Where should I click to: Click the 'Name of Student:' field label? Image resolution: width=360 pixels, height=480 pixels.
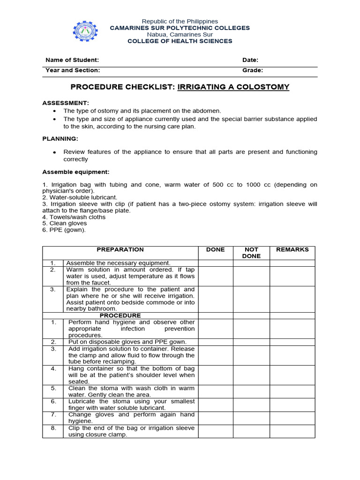[72, 60]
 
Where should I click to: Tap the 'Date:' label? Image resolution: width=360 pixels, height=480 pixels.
[250, 60]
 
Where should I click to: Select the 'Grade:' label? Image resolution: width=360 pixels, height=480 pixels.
[253, 70]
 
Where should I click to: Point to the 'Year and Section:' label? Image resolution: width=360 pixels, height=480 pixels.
[73, 70]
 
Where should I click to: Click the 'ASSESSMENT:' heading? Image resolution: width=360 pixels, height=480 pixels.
[66, 103]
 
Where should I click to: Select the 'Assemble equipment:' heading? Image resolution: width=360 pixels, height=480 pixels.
[76, 172]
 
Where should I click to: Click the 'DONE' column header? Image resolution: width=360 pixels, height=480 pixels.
[216, 250]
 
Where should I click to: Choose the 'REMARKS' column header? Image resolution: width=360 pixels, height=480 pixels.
[292, 250]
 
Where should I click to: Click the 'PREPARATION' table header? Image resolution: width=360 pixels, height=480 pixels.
[120, 250]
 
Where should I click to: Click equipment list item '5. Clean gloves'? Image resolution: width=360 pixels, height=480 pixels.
[65, 224]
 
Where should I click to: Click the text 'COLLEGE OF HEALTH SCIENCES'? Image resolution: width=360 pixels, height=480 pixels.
[180, 41]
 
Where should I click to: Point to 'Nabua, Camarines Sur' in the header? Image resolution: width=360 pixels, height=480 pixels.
[180, 35]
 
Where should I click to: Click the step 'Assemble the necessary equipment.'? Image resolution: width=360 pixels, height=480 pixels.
[119, 263]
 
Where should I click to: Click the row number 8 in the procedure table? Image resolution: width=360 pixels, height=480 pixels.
[53, 428]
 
